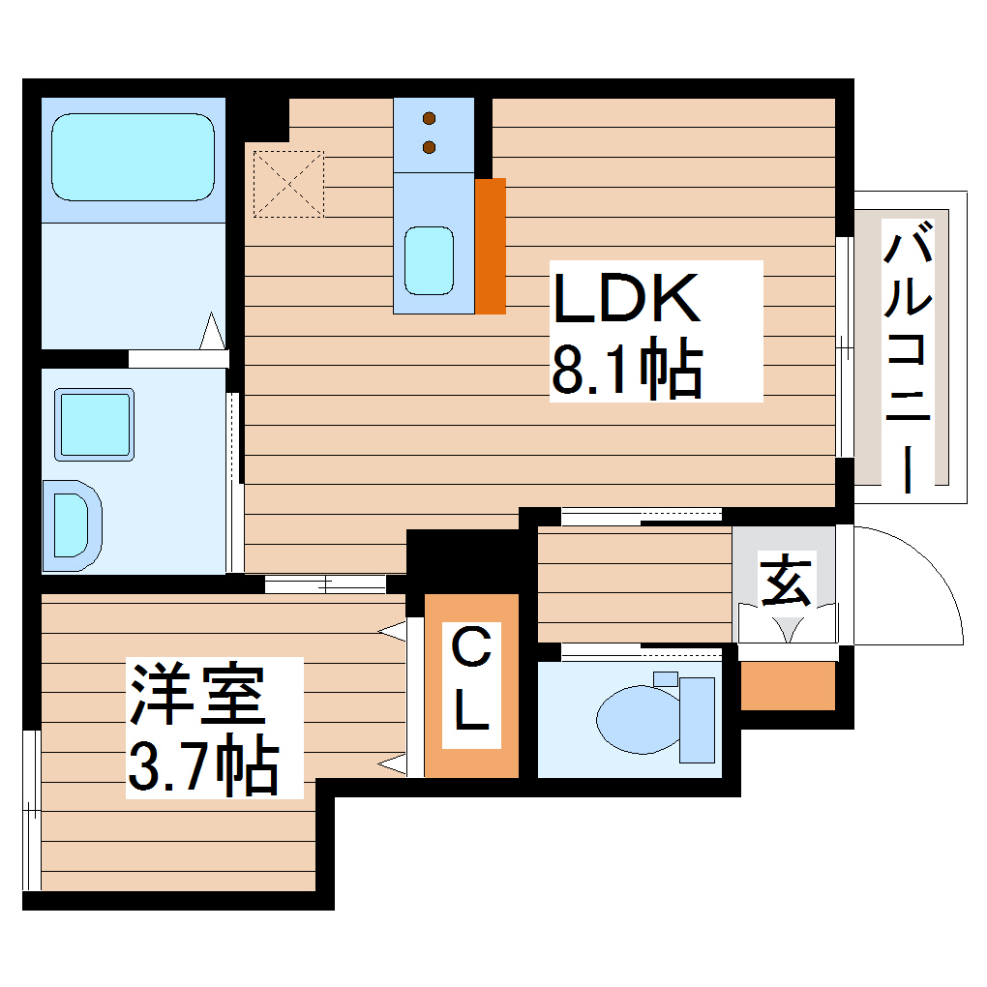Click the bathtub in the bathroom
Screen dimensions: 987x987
[x=133, y=157]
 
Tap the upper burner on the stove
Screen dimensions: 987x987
[x=431, y=120]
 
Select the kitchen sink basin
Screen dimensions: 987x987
[x=429, y=260]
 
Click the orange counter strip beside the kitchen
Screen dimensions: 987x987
[x=491, y=246]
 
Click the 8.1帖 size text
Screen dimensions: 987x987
[x=626, y=369]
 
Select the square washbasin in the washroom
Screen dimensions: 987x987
[x=94, y=424]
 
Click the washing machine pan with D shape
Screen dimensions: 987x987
[x=72, y=523]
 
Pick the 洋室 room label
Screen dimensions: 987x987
[x=198, y=694]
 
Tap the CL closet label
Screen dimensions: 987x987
[x=472, y=683]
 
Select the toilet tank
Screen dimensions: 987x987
[x=697, y=719]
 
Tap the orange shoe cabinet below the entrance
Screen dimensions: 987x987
[x=788, y=685]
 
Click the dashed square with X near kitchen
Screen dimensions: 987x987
[x=287, y=182]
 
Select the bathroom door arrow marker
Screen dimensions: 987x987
[x=213, y=332]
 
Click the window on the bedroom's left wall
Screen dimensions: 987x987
[x=31, y=809]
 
